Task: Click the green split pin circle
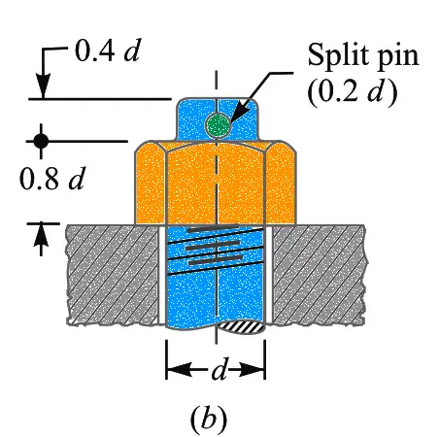point(219,124)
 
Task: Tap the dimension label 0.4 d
point(108,51)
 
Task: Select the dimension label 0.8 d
point(51,179)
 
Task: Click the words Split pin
point(363,55)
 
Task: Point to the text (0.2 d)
point(353,89)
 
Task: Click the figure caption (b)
point(209,420)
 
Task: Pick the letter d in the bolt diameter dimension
point(219,369)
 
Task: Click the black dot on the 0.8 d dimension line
point(41,141)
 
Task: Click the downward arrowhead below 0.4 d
point(43,85)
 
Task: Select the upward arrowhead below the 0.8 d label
point(41,236)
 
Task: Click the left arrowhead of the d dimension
point(179,369)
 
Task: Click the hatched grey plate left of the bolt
point(113,275)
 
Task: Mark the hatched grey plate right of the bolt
point(320,275)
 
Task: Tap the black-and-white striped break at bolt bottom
point(241,327)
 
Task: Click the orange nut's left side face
point(150,183)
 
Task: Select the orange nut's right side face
point(281,183)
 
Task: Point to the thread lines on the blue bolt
point(215,250)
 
